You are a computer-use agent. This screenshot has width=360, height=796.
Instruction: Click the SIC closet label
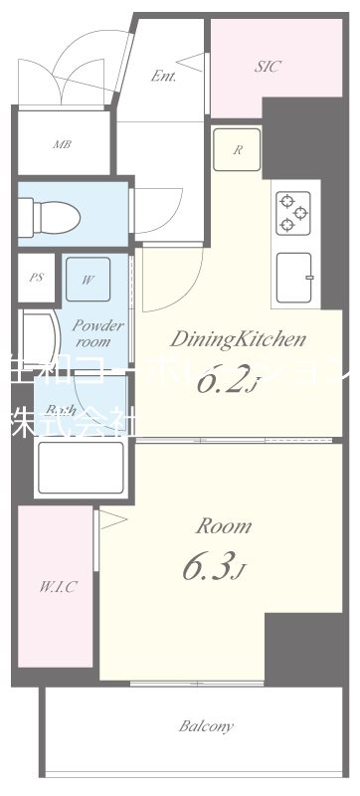pos(268,68)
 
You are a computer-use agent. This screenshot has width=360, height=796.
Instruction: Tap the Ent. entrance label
pos(164,77)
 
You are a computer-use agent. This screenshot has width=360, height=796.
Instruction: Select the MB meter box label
pos(62,143)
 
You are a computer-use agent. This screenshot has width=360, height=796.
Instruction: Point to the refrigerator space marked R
pos(237,151)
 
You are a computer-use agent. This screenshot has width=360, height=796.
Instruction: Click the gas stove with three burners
pos(295,211)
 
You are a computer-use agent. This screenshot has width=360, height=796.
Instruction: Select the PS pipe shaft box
pos(37,278)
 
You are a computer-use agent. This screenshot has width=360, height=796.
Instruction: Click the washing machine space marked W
pos(88,279)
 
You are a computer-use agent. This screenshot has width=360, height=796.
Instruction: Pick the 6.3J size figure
pos(212,568)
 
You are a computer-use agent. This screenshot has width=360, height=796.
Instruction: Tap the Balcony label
pos(206,726)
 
